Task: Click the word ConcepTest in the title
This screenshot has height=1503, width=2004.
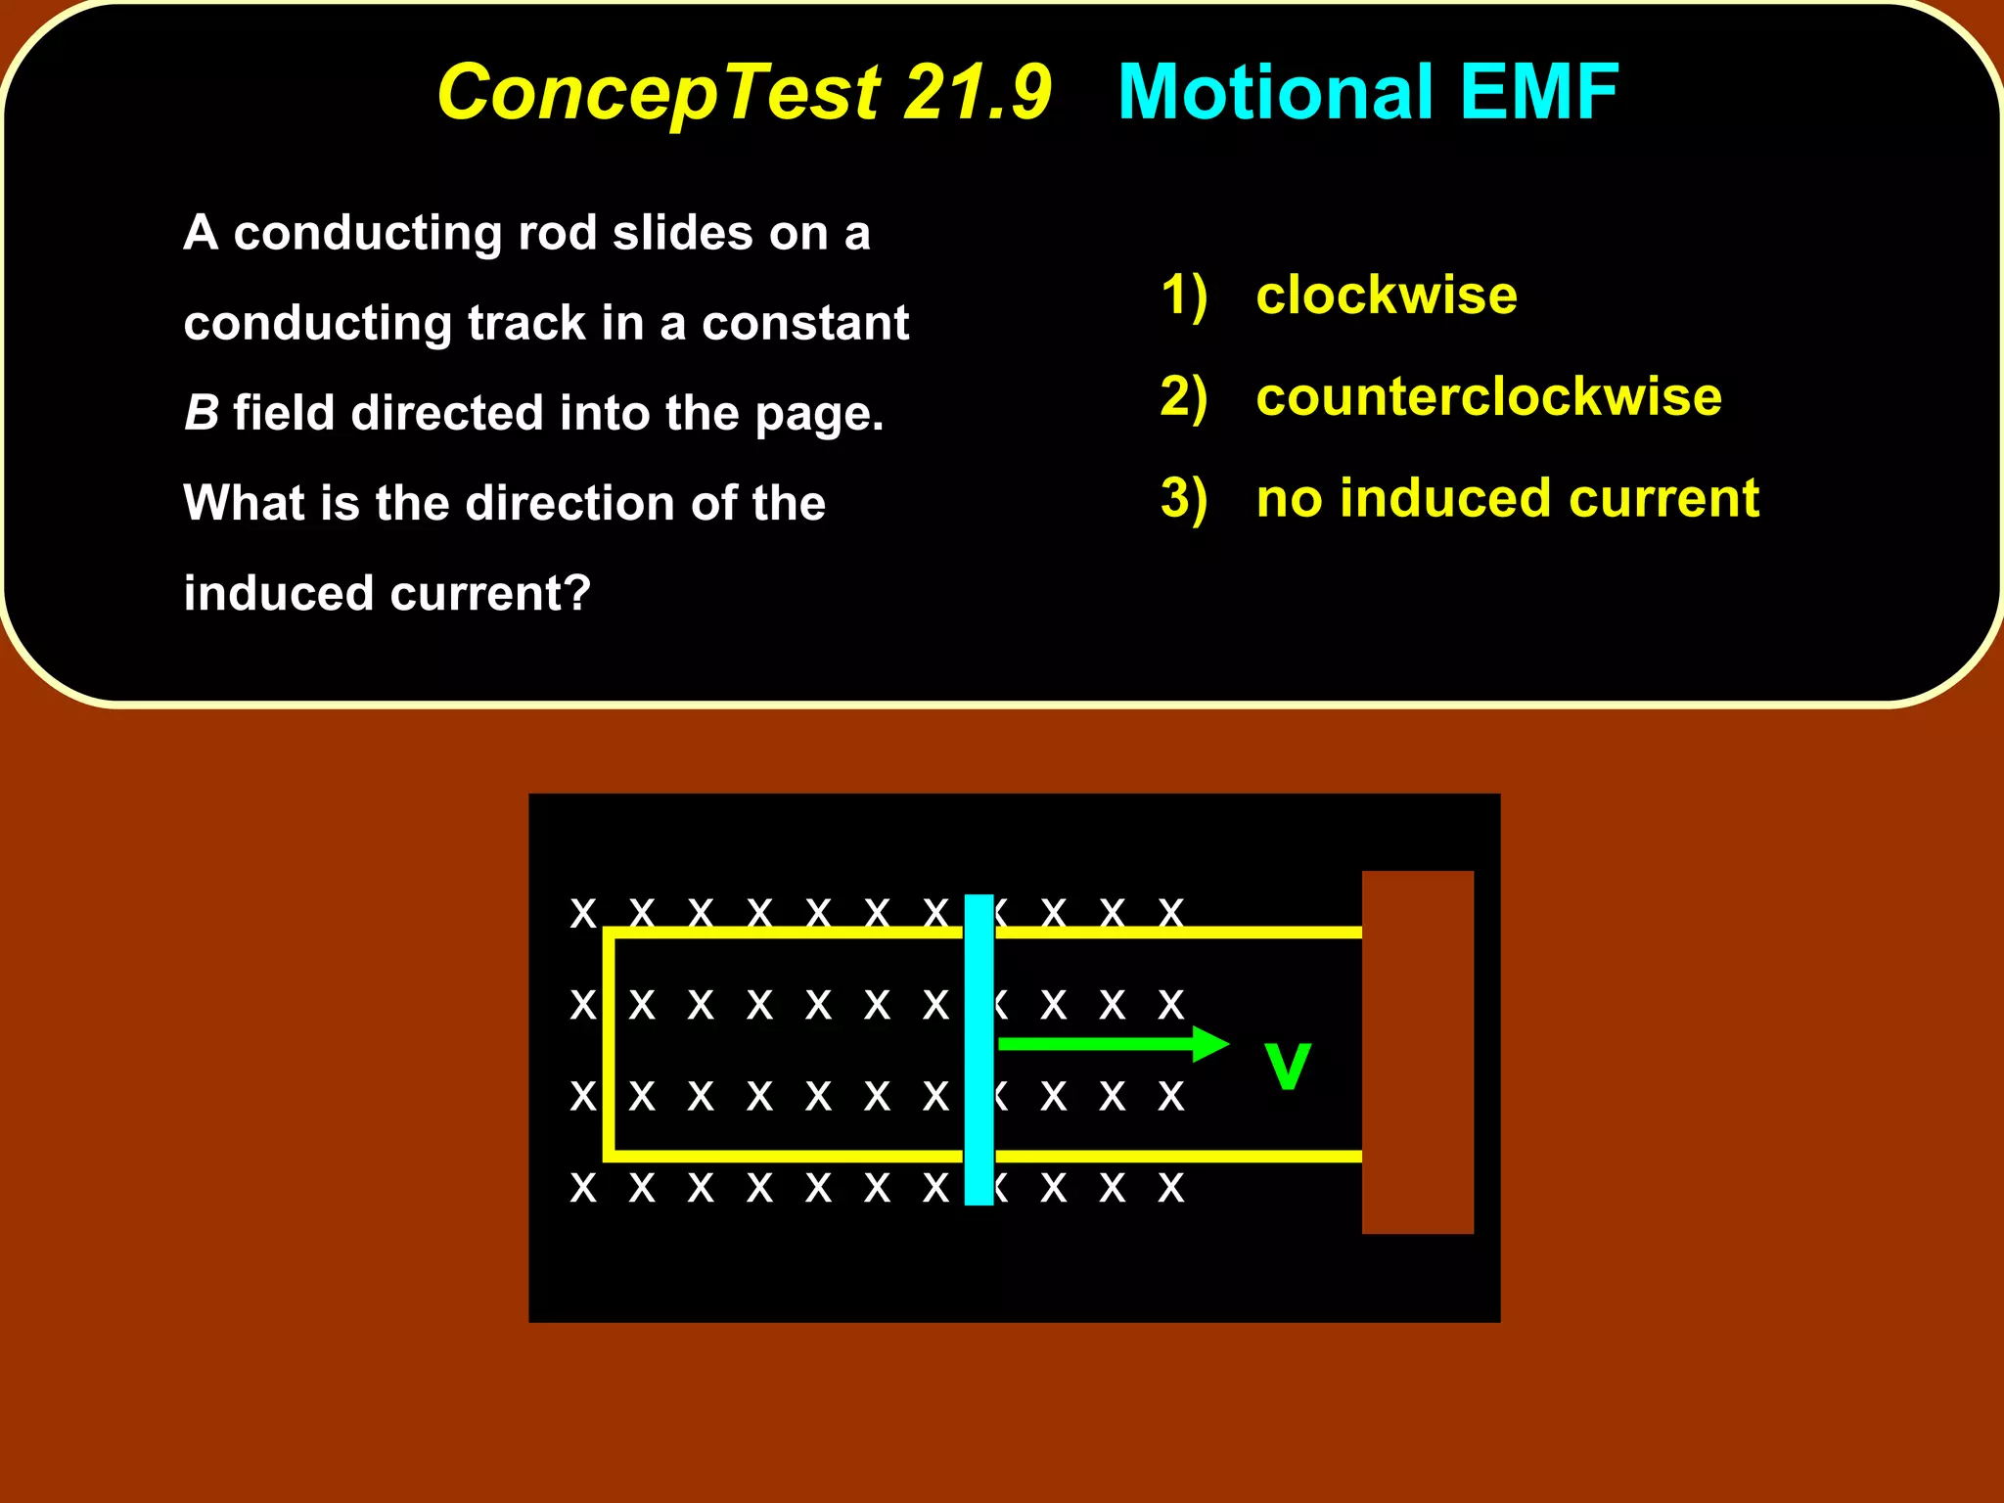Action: click(659, 93)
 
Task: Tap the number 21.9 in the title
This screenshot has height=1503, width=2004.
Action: click(977, 93)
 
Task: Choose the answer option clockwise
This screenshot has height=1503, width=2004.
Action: click(1386, 296)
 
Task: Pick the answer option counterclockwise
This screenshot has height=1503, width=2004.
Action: click(1487, 397)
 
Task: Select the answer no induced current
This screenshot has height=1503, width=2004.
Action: click(1507, 499)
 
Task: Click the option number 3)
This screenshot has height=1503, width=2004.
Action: click(1184, 499)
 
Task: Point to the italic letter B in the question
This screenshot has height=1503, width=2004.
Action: click(202, 413)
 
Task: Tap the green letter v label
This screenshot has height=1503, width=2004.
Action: click(1287, 1067)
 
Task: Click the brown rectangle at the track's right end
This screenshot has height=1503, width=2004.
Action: click(1417, 1052)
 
